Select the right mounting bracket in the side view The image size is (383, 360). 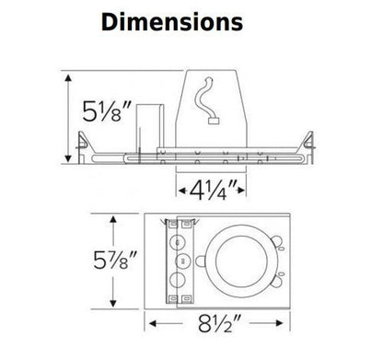(x=308, y=143)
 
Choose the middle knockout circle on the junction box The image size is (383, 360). (x=180, y=262)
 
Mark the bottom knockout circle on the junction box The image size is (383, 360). (x=180, y=282)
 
